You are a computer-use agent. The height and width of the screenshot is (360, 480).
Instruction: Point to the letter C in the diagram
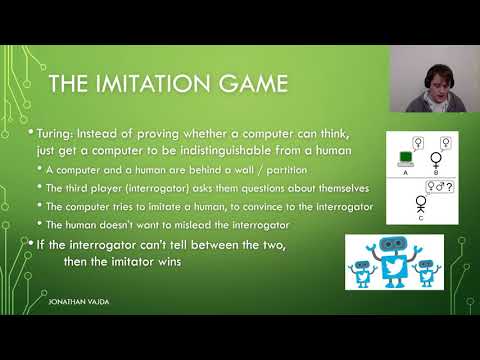point(421,219)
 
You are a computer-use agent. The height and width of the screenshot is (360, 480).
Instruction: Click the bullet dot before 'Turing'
point(31,132)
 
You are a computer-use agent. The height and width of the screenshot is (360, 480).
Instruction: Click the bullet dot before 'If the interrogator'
point(31,243)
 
